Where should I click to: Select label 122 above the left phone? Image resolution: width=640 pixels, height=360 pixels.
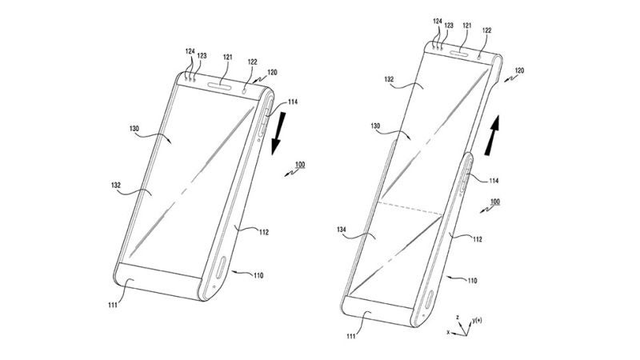(252, 62)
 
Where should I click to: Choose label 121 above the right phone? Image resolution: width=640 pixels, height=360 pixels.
(462, 27)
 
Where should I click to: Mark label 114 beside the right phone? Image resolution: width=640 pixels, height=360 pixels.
(496, 182)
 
